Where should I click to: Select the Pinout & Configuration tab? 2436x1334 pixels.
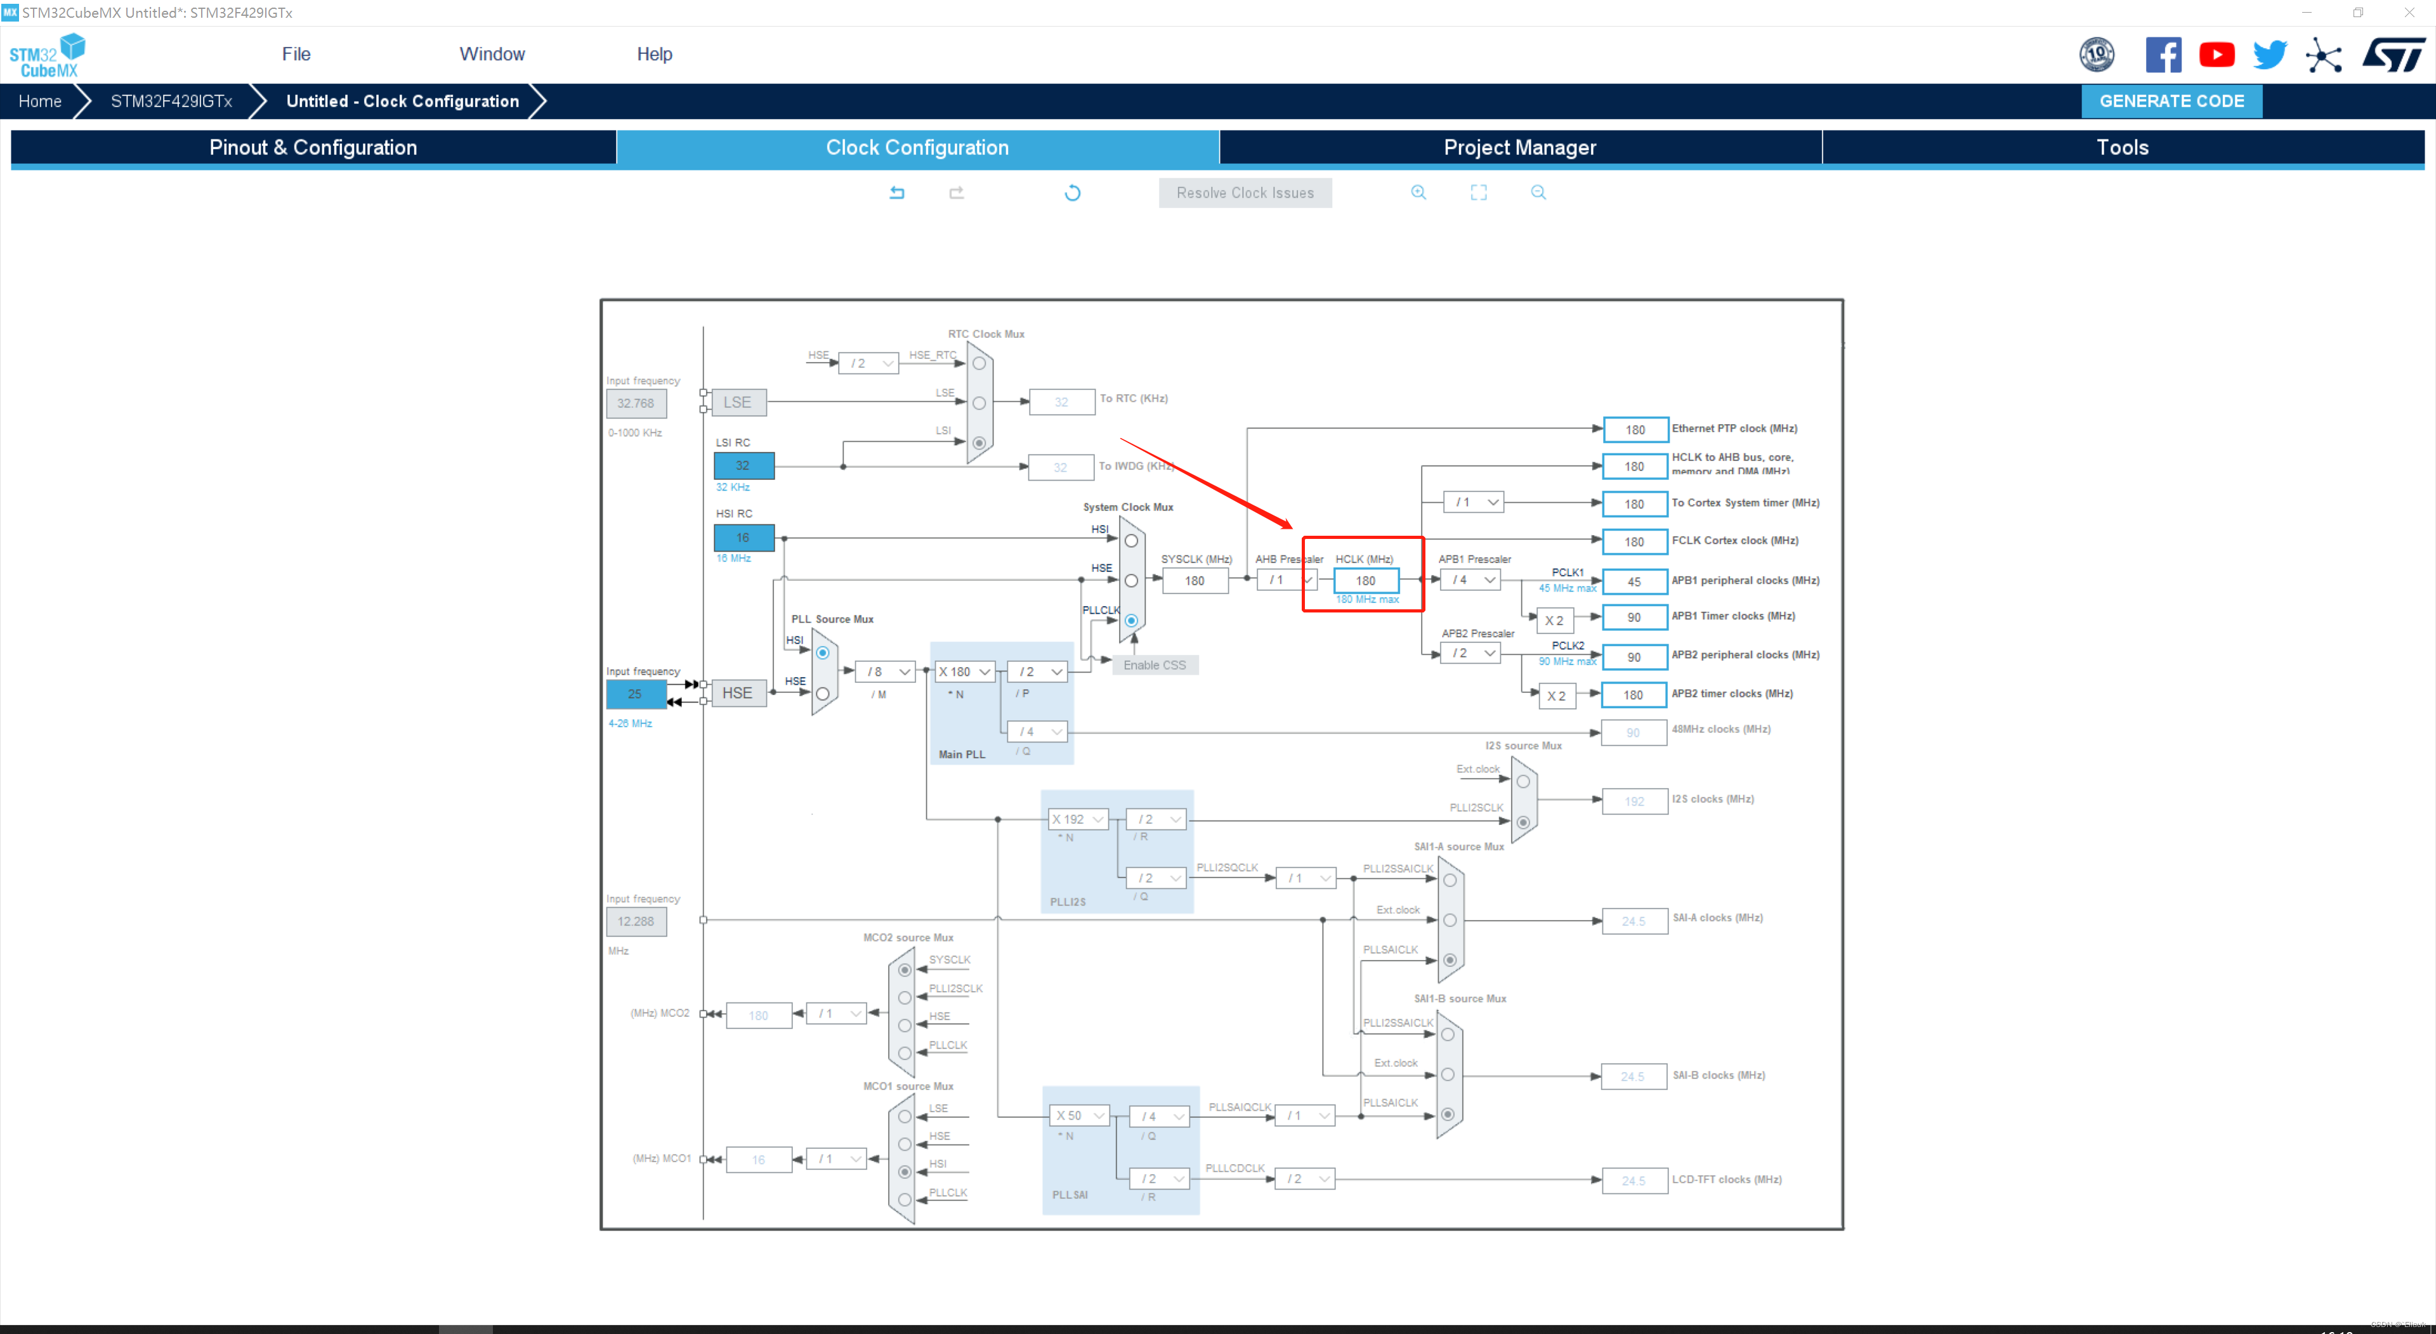pyautogui.click(x=313, y=148)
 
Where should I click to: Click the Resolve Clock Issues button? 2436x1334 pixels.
pyautogui.click(x=1245, y=193)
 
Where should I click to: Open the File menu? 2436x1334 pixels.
pyautogui.click(x=296, y=54)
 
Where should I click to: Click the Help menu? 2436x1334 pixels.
pyautogui.click(x=653, y=54)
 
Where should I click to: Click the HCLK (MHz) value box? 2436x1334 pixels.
pyautogui.click(x=1365, y=581)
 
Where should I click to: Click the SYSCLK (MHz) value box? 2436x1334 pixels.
pyautogui.click(x=1195, y=581)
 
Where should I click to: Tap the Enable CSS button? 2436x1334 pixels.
pyautogui.click(x=1154, y=666)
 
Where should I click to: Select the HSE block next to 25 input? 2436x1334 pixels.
pyautogui.click(x=738, y=693)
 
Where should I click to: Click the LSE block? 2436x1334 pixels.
pyautogui.click(x=738, y=402)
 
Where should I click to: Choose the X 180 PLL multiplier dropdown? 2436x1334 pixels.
pyautogui.click(x=964, y=671)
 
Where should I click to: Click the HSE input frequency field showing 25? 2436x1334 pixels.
pyautogui.click(x=634, y=693)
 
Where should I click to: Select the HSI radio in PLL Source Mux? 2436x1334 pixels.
pyautogui.click(x=823, y=652)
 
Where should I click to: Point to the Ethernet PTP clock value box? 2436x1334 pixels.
pyautogui.click(x=1634, y=429)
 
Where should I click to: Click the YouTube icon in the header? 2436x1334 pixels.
pyautogui.click(x=2216, y=55)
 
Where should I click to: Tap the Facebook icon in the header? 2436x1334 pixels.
pyautogui.click(x=2163, y=55)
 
